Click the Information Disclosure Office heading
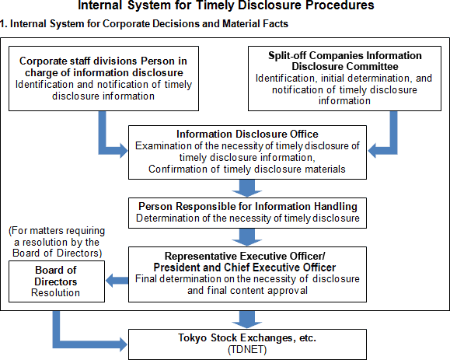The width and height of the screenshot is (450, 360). pyautogui.click(x=247, y=134)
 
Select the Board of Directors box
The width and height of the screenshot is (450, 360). pyautogui.click(x=57, y=281)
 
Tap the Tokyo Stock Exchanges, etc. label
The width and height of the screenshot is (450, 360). pyautogui.click(x=247, y=337)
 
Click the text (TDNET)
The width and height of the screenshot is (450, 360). pyautogui.click(x=247, y=350)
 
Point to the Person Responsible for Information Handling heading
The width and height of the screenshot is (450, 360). pyautogui.click(x=248, y=206)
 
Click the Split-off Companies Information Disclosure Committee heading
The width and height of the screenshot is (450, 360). pyautogui.click(x=344, y=61)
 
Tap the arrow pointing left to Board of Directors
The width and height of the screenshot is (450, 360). pyautogui.click(x=117, y=280)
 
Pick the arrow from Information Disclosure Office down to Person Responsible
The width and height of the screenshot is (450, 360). pyautogui.click(x=247, y=188)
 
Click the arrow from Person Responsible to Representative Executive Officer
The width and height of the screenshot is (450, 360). pyautogui.click(x=247, y=237)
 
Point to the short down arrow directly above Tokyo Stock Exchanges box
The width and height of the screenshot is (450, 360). pyautogui.click(x=247, y=320)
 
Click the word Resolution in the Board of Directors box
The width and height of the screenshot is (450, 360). pyautogui.click(x=55, y=293)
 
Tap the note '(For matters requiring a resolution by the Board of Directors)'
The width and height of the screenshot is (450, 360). pyautogui.click(x=57, y=242)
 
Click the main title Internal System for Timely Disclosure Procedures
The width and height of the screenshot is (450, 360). pyautogui.click(x=226, y=5)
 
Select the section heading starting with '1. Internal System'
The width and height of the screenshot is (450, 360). pyautogui.click(x=144, y=23)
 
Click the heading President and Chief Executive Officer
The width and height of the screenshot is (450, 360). pyautogui.click(x=245, y=267)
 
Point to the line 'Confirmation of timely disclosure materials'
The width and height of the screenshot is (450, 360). pyautogui.click(x=247, y=169)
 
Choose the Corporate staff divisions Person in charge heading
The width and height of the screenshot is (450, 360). pyautogui.click(x=103, y=67)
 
